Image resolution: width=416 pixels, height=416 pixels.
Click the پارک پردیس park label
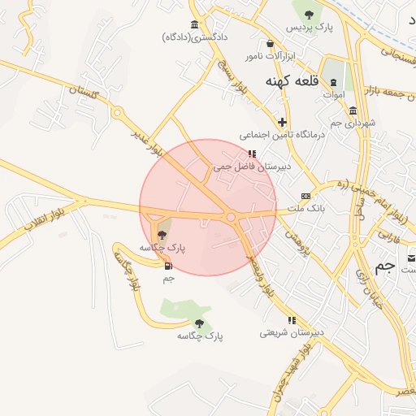309,28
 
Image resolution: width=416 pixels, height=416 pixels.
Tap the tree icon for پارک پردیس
309,14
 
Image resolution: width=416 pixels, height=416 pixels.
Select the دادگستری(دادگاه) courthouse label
196,37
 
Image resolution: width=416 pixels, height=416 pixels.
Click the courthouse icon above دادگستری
194,24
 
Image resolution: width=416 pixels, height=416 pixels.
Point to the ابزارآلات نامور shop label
271,57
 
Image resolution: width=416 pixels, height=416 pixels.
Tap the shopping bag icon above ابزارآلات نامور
271,44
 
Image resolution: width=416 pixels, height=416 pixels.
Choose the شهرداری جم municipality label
352,123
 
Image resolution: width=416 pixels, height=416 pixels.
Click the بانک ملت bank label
305,209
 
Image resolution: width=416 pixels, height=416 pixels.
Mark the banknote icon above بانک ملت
305,196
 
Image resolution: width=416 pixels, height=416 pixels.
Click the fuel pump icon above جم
168,266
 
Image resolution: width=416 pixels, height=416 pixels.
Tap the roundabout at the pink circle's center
231,217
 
